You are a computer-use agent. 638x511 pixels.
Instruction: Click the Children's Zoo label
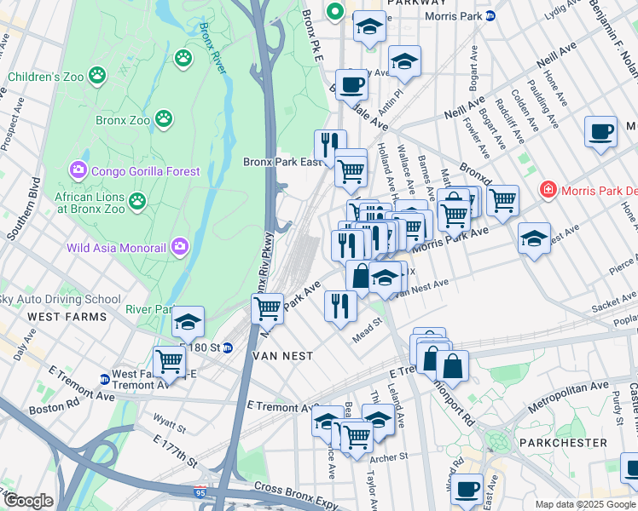45,77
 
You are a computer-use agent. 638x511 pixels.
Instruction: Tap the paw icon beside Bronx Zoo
165,120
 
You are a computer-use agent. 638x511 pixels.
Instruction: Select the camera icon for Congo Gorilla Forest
78,171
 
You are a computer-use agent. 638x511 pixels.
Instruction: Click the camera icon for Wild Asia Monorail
180,249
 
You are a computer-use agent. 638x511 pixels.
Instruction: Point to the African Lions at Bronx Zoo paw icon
136,202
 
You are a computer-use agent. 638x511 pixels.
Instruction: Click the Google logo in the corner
28,500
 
